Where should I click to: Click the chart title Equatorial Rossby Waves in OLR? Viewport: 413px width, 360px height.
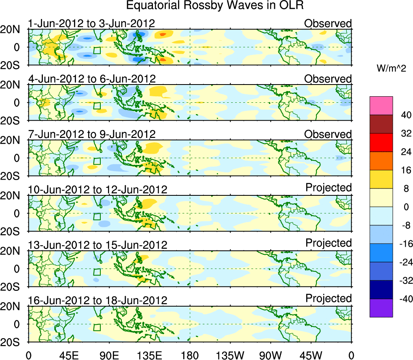pos(215,6)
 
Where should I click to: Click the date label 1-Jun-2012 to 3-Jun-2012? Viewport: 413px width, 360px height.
pos(91,23)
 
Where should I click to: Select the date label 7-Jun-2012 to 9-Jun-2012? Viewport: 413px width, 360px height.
pos(91,134)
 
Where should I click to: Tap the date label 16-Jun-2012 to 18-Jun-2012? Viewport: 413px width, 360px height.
pos(97,301)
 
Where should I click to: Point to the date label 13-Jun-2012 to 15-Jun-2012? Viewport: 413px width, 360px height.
pos(97,245)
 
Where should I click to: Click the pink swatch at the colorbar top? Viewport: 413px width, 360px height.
pos(381,106)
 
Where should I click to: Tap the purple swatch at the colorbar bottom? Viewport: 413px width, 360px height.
pos(381,308)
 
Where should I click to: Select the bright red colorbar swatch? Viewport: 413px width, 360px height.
pos(381,142)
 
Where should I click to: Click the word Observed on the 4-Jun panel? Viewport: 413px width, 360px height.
pos(328,79)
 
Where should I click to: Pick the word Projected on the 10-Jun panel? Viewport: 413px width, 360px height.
pos(328,188)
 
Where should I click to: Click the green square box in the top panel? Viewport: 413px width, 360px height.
pos(97,51)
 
